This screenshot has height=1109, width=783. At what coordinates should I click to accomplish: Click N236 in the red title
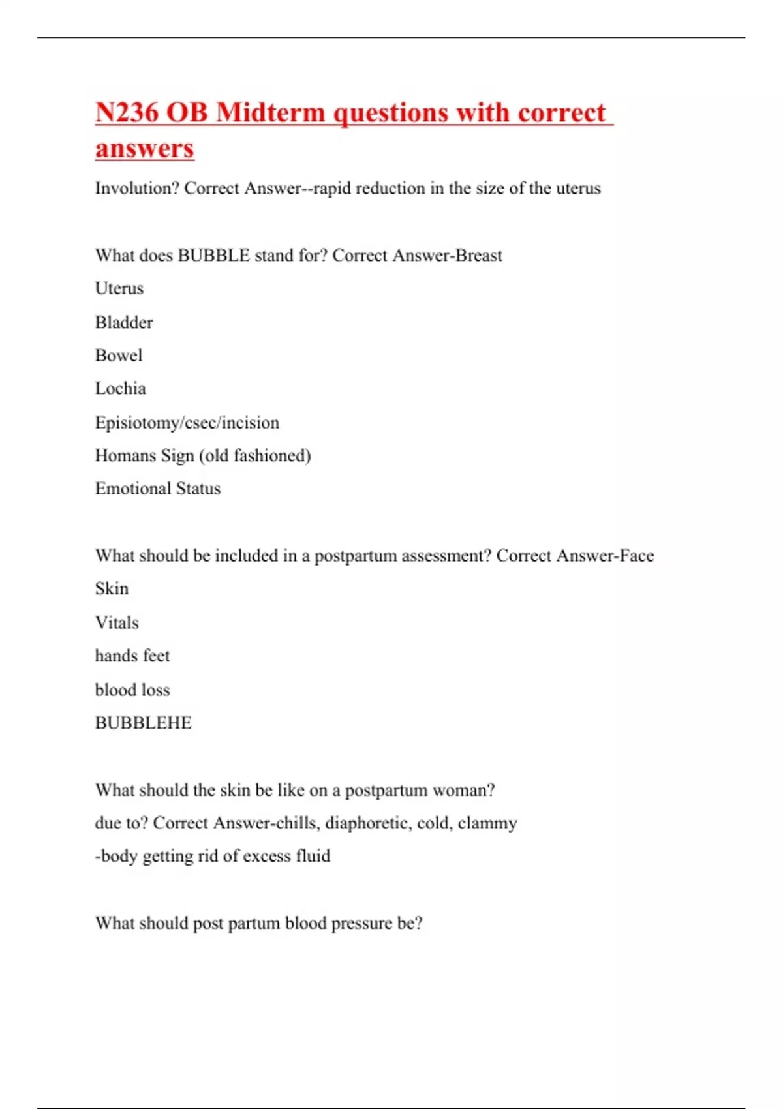pos(127,112)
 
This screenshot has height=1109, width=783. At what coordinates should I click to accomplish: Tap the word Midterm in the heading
pos(270,112)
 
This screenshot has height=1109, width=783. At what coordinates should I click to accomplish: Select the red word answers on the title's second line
pos(144,148)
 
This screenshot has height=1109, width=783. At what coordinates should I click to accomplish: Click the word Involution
pos(137,189)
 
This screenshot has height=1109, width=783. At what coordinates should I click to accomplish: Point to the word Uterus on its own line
pos(119,288)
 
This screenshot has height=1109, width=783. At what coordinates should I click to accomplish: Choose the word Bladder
pos(124,322)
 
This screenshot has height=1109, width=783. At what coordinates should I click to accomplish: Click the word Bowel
pos(119,356)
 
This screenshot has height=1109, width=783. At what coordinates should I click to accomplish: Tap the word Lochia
pos(121,389)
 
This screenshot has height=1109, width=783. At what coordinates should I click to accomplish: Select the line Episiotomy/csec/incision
pos(187,423)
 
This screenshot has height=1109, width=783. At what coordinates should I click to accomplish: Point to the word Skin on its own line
pos(112,588)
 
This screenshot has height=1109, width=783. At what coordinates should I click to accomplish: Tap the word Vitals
pos(117,622)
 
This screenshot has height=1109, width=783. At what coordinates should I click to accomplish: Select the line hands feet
pos(132,656)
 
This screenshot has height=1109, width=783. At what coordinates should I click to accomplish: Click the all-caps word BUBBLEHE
pos(144,723)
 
